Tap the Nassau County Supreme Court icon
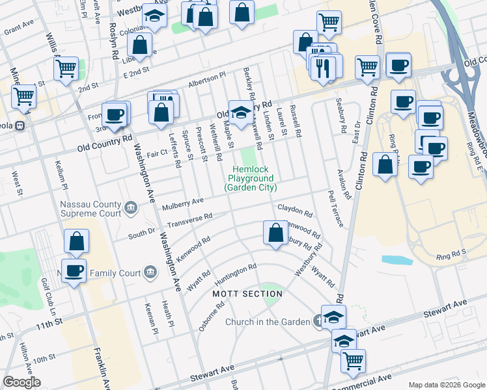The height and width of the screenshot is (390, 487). [131, 208]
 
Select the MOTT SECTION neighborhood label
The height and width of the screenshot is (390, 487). [248, 294]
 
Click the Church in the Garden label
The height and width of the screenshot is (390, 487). [268, 322]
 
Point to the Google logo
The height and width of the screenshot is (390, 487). [21, 382]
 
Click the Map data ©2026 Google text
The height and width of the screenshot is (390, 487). [446, 385]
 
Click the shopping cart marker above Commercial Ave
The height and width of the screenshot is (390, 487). [353, 360]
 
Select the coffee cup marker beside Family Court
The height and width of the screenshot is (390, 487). [74, 270]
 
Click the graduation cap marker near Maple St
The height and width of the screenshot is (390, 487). [240, 112]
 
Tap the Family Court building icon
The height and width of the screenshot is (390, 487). [150, 270]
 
